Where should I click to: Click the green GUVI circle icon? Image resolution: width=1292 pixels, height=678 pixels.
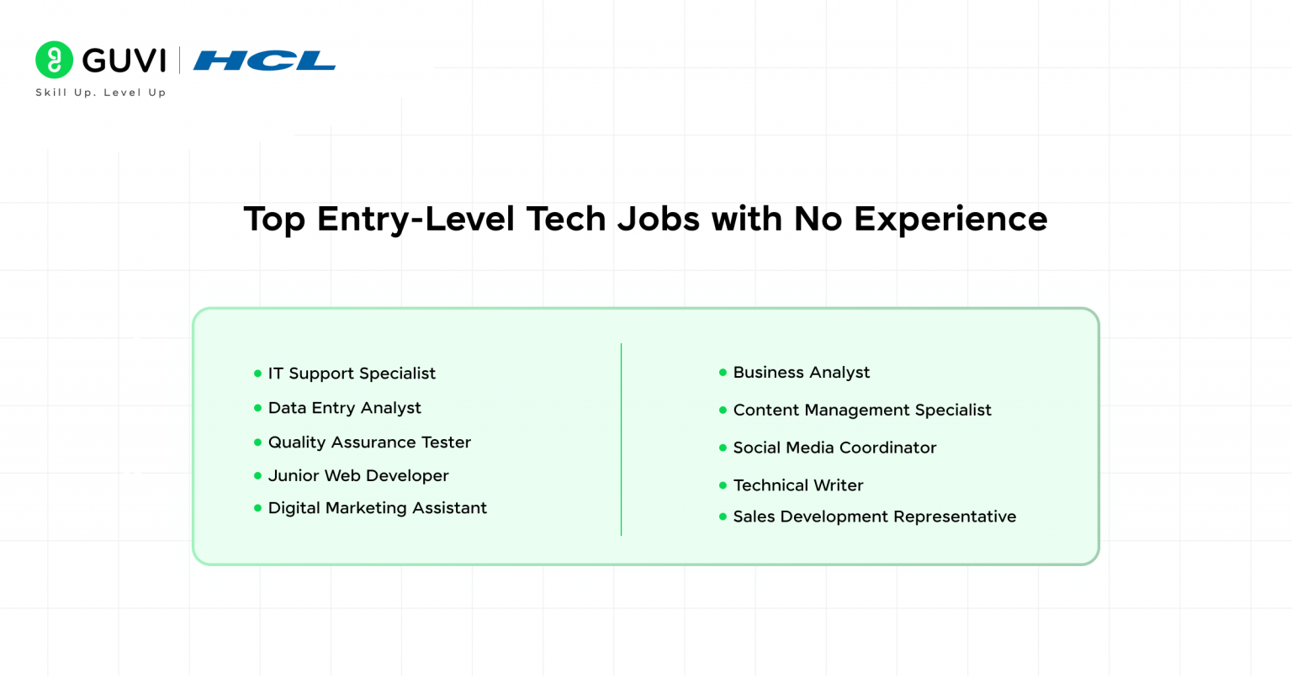click(x=54, y=60)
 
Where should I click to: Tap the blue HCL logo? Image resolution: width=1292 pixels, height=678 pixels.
click(x=264, y=61)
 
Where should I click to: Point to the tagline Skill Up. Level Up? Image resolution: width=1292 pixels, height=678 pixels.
click(x=101, y=93)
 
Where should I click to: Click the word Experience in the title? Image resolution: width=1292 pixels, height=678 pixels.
click(x=950, y=220)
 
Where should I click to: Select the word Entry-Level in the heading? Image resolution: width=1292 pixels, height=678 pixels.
click(x=416, y=220)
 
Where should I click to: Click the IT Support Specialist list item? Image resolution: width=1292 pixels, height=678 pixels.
click(x=352, y=373)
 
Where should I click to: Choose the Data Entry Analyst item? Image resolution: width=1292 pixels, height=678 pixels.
click(x=344, y=408)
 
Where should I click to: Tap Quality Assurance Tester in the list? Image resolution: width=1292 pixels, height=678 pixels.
click(x=369, y=442)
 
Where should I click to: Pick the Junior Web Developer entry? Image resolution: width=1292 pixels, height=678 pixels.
click(x=358, y=476)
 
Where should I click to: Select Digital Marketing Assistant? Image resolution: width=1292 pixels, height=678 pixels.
click(x=377, y=508)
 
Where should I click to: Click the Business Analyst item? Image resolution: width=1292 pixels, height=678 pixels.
click(x=802, y=373)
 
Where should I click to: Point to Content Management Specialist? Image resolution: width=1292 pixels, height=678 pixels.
click(x=862, y=411)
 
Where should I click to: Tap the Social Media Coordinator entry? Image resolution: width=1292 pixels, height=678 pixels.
click(x=834, y=448)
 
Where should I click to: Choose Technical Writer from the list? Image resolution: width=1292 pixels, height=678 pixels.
click(x=798, y=485)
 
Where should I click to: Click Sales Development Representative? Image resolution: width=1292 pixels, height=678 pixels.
click(x=875, y=517)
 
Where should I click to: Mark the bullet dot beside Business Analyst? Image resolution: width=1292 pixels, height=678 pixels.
click(x=723, y=373)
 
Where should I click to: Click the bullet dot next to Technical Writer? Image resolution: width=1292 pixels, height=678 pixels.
click(x=723, y=485)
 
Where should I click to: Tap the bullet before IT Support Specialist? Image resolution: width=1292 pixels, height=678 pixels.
click(x=257, y=373)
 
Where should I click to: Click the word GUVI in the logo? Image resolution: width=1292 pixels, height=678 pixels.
click(x=124, y=61)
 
